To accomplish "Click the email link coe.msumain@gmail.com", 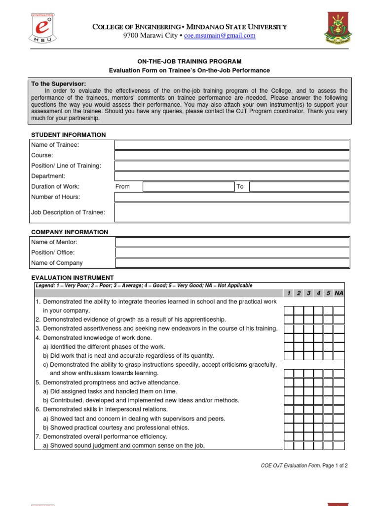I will (220, 36).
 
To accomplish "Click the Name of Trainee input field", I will (232, 145).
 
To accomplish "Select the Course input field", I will (232, 155).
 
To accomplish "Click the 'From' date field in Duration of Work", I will (189, 187).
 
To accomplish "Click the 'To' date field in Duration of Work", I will (299, 187).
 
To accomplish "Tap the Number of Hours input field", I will (232, 197).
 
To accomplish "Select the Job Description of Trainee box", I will (232, 212).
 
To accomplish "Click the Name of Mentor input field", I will (232, 242).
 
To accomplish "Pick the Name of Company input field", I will (232, 263).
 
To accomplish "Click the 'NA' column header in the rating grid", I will (339, 294).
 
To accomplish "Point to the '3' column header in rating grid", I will (308, 294).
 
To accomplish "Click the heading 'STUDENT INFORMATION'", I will (69, 135).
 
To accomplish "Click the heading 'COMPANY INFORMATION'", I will (70, 232).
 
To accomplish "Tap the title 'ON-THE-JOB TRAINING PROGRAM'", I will (189, 61).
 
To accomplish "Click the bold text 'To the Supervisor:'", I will (59, 84).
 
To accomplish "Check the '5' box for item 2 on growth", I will (328, 320).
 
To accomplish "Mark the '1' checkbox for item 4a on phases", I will (289, 347).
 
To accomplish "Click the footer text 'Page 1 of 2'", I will (336, 465).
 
